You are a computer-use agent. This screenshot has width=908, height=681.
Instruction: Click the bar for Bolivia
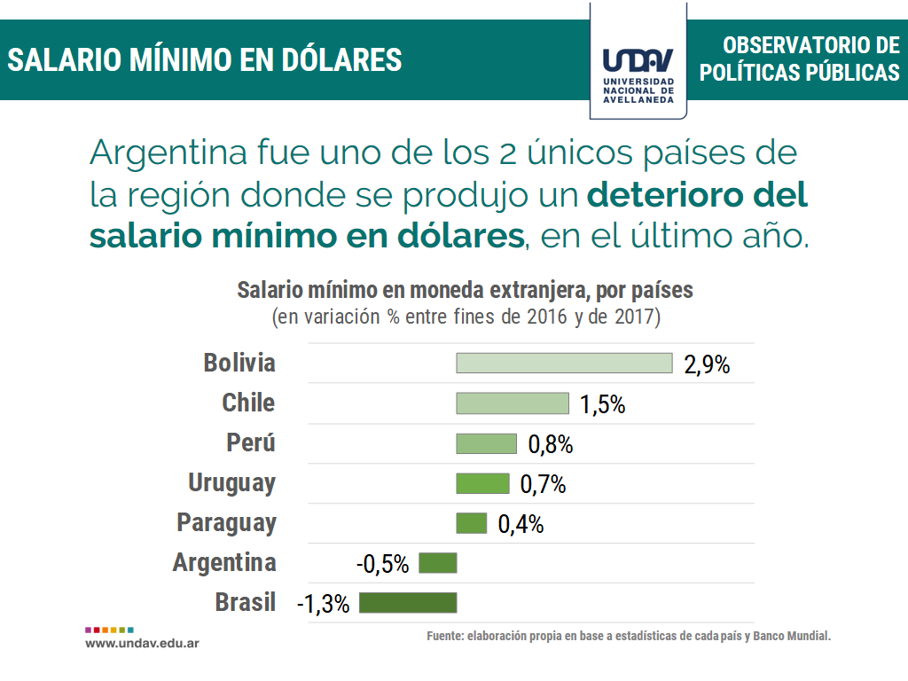click(x=564, y=363)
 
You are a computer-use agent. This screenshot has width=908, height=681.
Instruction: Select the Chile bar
click(x=513, y=403)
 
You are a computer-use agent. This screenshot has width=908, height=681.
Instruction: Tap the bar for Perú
click(x=486, y=443)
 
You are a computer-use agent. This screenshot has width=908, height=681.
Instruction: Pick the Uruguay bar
click(x=482, y=483)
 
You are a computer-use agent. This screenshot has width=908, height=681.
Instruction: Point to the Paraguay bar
click(x=472, y=523)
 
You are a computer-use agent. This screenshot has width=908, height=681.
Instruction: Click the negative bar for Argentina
click(x=437, y=563)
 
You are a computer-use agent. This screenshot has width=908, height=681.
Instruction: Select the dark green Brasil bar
click(x=408, y=603)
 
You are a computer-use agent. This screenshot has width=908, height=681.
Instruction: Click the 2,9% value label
click(x=707, y=364)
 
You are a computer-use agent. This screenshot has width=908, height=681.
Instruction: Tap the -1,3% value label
click(x=324, y=605)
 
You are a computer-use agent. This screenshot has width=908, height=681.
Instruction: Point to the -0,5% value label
click(x=382, y=564)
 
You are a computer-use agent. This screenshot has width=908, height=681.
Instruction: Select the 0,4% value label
click(x=521, y=524)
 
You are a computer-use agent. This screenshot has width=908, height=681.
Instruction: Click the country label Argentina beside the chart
click(x=224, y=562)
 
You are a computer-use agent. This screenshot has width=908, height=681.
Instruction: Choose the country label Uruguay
click(x=231, y=483)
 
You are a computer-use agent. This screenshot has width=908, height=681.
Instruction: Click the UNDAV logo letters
click(x=638, y=60)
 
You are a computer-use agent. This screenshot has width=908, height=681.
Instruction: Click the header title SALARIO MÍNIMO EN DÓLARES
click(x=205, y=59)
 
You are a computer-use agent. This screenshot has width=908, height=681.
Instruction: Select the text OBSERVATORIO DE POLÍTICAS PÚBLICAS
click(x=799, y=59)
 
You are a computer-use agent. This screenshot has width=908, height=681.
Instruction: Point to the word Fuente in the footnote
click(x=444, y=637)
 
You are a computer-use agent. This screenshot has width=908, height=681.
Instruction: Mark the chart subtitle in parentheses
click(x=466, y=316)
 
